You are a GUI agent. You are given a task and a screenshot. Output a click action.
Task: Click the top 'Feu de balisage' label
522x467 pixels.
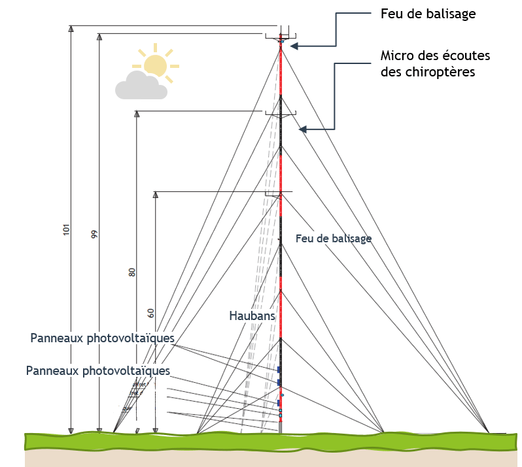(x=428, y=14)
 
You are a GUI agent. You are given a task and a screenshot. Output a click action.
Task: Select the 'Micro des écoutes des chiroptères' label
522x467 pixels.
(x=435, y=63)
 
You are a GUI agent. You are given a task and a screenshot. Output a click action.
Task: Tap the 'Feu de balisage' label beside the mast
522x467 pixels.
(x=334, y=238)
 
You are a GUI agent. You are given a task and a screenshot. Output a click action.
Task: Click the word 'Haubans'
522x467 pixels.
(x=252, y=315)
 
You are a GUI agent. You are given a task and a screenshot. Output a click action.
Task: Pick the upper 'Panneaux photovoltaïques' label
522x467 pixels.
(x=102, y=338)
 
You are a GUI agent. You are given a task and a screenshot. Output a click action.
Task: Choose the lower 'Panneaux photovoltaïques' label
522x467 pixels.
(x=98, y=370)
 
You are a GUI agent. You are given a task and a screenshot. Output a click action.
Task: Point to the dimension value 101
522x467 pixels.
(x=66, y=231)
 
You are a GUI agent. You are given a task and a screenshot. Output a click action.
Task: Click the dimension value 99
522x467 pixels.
(x=94, y=234)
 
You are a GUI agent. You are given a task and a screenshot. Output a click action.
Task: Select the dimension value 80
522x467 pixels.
(x=132, y=272)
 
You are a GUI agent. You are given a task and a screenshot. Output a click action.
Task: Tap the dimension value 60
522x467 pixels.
(x=151, y=313)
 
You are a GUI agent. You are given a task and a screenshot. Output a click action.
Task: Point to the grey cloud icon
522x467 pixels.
(x=140, y=86)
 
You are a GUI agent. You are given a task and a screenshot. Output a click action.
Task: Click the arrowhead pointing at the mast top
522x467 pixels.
(x=294, y=46)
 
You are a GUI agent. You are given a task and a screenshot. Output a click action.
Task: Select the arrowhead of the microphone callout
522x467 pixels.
(x=302, y=131)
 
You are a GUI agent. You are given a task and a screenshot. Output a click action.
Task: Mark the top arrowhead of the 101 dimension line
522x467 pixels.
(x=71, y=29)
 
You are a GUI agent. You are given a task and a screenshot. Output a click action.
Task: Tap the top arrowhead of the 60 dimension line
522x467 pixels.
(x=156, y=195)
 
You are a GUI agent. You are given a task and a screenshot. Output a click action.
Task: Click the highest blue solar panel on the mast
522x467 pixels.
(x=279, y=370)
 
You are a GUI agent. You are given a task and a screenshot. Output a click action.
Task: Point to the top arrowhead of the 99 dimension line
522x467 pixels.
(x=99, y=37)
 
